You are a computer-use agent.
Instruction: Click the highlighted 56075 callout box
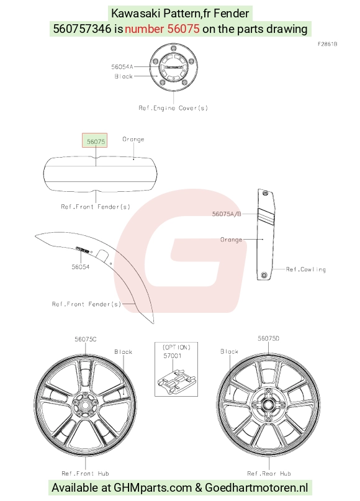click(x=94, y=140)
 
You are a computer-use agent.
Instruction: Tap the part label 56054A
click(x=122, y=67)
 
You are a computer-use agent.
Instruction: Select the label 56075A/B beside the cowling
click(x=227, y=214)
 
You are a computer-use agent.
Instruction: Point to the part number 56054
click(x=81, y=267)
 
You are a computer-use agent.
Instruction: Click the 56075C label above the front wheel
click(x=86, y=339)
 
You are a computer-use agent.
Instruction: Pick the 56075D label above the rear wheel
click(x=268, y=338)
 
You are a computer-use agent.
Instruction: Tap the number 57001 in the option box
click(x=173, y=356)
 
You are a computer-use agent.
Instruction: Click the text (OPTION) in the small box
click(x=176, y=347)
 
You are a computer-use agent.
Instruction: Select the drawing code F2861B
click(x=328, y=44)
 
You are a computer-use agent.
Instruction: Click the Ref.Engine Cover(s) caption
click(x=173, y=108)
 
